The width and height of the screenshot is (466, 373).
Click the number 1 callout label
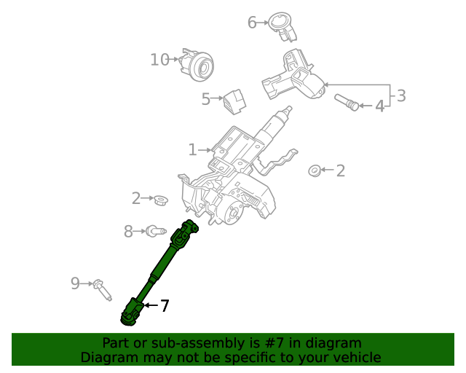point(192,150)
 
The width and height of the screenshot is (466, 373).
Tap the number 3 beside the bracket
point(400,95)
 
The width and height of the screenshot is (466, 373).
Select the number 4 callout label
point(379,106)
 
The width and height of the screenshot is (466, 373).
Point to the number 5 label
point(206,98)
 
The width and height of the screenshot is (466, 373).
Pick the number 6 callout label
point(252,23)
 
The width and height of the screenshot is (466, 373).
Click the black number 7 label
point(165,306)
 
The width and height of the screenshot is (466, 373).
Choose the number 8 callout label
point(128,232)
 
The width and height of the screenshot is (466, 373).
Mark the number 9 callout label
point(75,283)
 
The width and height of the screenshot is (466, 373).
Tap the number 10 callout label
point(159,60)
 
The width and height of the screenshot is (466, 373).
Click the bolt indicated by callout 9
point(101,289)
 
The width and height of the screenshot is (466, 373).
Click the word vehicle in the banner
point(355,357)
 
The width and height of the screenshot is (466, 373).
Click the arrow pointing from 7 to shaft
point(149,306)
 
